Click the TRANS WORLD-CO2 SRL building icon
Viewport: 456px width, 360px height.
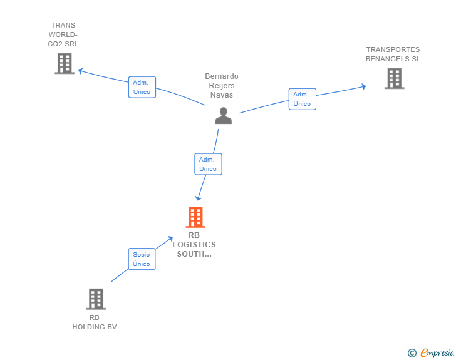(x=65, y=63)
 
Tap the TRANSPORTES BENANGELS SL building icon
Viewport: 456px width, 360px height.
(x=395, y=78)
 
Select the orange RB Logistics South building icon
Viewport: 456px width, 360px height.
(x=195, y=217)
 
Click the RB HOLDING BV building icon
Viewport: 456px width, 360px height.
(x=96, y=299)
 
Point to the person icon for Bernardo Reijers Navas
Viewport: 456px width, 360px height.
(x=224, y=116)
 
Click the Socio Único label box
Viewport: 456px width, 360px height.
(x=142, y=259)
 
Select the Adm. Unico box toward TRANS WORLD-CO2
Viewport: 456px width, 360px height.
(x=142, y=87)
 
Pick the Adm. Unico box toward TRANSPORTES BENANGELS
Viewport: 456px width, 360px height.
(x=302, y=99)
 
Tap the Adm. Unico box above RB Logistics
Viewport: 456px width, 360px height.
(x=208, y=164)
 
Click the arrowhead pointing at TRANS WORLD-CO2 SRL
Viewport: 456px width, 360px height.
(x=81, y=71)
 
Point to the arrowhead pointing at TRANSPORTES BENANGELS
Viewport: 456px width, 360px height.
(x=363, y=86)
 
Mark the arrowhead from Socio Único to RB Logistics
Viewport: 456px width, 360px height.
(x=170, y=239)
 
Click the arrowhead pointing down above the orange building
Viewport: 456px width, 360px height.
(x=199, y=198)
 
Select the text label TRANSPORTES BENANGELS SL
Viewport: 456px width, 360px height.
(x=393, y=54)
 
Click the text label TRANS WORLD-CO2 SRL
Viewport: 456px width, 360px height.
(x=63, y=34)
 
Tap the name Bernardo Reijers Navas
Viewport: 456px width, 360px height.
(x=222, y=86)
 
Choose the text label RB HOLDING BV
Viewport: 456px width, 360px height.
(x=95, y=322)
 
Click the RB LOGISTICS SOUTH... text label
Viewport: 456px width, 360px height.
(x=194, y=245)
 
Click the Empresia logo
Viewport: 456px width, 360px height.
(x=437, y=352)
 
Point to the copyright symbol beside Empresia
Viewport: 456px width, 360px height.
(x=412, y=353)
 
